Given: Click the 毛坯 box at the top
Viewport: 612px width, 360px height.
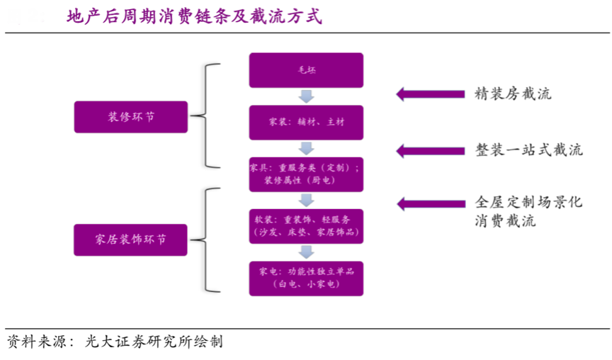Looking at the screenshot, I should (306, 69).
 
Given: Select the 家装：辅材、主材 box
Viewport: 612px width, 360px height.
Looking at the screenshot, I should (306, 122).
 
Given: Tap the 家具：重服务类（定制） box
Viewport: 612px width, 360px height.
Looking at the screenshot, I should (306, 174).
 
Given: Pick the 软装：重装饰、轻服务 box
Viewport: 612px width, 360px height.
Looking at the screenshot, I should (306, 226).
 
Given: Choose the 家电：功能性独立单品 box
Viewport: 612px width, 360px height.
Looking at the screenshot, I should (306, 278).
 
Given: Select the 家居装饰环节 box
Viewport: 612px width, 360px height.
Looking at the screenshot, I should (131, 240).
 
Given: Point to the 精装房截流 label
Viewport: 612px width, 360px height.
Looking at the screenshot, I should (513, 94).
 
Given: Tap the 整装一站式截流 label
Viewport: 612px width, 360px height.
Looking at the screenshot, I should (528, 150).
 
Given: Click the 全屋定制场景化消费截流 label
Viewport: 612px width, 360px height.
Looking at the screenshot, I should (528, 211).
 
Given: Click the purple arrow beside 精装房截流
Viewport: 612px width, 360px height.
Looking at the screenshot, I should (429, 94).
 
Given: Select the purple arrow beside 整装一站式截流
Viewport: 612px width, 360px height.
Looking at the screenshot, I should (429, 150).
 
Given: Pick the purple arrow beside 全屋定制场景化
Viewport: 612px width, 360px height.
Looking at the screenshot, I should (429, 203).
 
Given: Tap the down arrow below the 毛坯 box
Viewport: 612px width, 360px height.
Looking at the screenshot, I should (306, 96).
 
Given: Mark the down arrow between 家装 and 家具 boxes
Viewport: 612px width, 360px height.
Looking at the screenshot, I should (306, 148).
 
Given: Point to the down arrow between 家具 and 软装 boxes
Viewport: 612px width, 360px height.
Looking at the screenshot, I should (306, 200).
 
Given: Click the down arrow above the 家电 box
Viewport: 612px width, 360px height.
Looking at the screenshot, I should (306, 252).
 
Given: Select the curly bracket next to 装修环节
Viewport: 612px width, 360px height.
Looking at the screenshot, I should (209, 116).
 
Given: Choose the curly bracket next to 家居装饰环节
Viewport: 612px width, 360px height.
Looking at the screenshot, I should (209, 240).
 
